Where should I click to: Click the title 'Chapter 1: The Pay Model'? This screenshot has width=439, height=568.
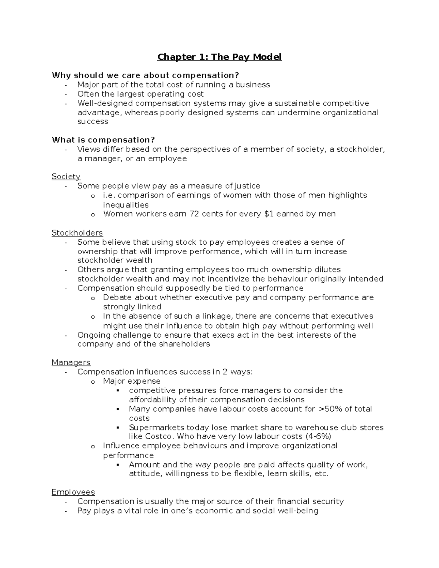(219, 57)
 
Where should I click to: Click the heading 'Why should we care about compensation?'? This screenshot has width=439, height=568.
(145, 75)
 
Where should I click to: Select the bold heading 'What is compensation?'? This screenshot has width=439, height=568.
(103, 140)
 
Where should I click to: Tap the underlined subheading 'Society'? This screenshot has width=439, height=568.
(66, 177)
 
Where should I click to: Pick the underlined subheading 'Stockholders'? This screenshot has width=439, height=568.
(77, 233)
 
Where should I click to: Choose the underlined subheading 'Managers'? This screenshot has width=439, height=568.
(71, 362)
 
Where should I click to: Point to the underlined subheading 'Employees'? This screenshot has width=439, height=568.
(73, 492)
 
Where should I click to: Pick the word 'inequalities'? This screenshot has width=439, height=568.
(125, 205)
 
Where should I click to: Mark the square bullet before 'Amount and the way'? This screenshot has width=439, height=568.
(117, 465)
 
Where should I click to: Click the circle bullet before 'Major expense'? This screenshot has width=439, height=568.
(93, 382)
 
